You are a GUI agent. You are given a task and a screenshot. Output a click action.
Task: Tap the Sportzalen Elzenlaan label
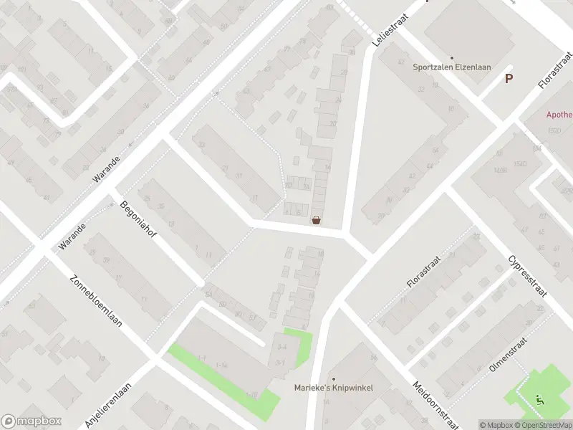pyautogui.click(x=451, y=68)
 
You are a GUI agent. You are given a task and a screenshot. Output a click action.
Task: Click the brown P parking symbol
pyautogui.click(x=509, y=79)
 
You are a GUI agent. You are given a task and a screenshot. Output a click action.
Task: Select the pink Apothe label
pyautogui.click(x=559, y=115)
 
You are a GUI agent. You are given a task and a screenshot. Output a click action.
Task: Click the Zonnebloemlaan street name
pyautogui.click(x=95, y=301)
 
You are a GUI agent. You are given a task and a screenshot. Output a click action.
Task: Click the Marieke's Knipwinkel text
pyautogui.click(x=334, y=388)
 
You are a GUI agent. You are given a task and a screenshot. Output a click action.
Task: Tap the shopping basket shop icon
pyautogui.click(x=316, y=221)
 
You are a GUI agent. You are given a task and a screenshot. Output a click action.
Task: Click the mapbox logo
pyautogui.click(x=31, y=421)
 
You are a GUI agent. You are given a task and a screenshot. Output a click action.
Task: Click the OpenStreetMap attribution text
pyautogui.click(x=543, y=425)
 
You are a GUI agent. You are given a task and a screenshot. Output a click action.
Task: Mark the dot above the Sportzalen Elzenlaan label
pyautogui.click(x=451, y=58)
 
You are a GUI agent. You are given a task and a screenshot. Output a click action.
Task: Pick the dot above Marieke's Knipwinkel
pyautogui.click(x=333, y=378)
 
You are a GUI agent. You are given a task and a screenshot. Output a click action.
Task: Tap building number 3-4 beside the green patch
pyautogui.click(x=282, y=347)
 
